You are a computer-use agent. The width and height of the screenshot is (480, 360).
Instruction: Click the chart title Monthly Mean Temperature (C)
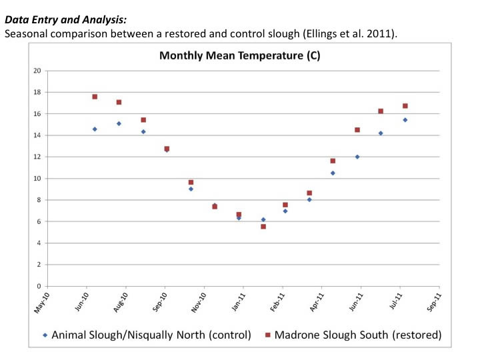click(x=239, y=56)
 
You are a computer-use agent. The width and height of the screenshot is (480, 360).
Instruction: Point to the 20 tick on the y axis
click(x=37, y=71)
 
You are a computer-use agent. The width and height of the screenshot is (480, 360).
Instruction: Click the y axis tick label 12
click(x=37, y=157)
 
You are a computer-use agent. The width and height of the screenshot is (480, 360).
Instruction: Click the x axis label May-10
click(x=41, y=303)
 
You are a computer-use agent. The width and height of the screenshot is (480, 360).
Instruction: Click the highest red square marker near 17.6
click(x=95, y=97)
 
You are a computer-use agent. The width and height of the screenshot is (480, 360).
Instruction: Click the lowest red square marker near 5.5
click(x=263, y=227)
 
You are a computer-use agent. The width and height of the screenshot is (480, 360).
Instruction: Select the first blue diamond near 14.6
click(x=95, y=129)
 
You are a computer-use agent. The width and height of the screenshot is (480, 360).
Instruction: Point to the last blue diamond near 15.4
click(x=405, y=120)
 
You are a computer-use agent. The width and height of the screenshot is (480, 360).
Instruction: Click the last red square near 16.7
click(x=405, y=106)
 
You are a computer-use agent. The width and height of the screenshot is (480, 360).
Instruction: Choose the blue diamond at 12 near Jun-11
click(x=357, y=157)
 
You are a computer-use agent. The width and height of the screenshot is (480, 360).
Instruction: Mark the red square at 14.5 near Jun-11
click(x=357, y=130)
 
